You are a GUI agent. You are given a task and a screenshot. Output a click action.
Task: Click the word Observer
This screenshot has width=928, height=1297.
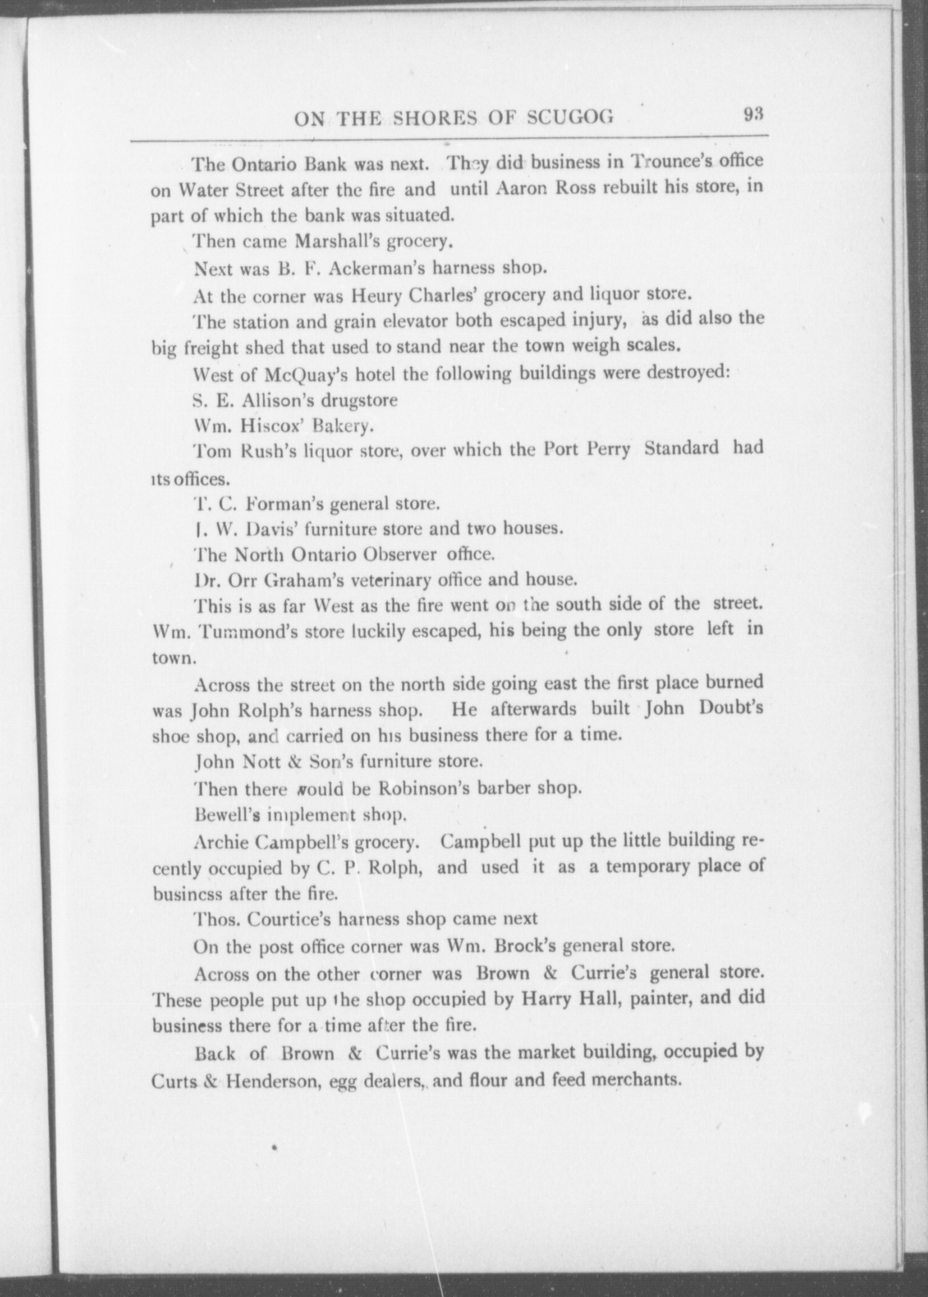click(400, 554)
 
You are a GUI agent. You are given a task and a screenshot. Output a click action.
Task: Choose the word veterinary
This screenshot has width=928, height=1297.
click(389, 579)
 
